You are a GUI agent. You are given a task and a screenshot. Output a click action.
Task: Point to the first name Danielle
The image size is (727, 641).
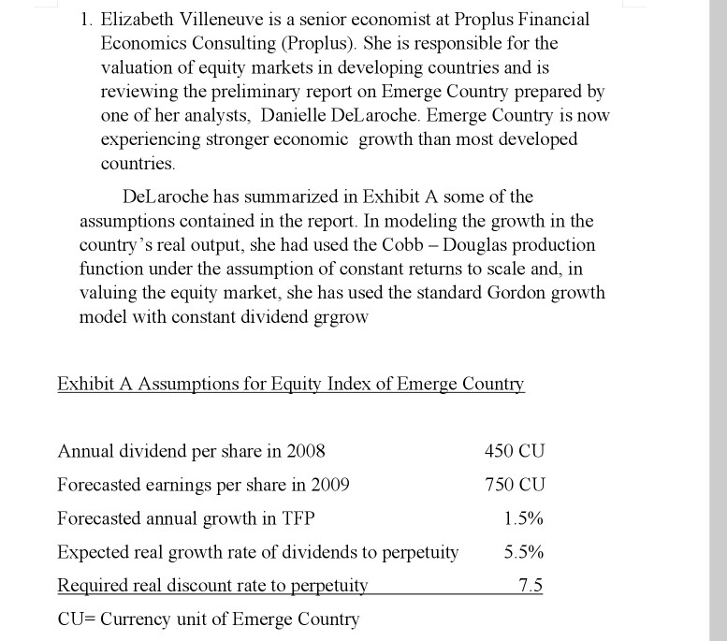click(299, 116)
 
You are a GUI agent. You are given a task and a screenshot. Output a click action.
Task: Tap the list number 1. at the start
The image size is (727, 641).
click(88, 19)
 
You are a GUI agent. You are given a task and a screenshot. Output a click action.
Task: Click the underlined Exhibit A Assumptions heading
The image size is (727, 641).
click(291, 385)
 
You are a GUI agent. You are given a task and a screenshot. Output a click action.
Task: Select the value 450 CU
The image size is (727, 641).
click(514, 451)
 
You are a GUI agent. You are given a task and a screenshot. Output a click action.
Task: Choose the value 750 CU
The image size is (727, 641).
click(514, 485)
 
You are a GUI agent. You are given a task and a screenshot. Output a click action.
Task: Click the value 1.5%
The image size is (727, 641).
click(523, 518)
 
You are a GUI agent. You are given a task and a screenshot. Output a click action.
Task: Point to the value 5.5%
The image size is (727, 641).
click(523, 552)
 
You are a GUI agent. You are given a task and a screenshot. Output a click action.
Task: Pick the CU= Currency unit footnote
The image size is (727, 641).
click(208, 619)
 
